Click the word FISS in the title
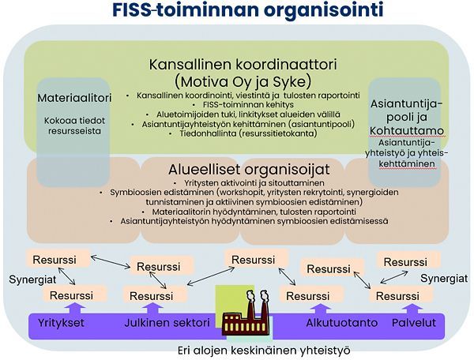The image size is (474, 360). [131, 10]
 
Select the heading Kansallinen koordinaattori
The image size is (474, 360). [243, 64]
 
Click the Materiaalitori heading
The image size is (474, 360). [74, 98]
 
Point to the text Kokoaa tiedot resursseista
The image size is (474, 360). [74, 126]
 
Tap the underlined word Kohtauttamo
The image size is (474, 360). [407, 131]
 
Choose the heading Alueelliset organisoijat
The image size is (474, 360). [249, 170]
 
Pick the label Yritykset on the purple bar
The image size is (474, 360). [61, 323]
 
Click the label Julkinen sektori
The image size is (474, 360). [167, 323]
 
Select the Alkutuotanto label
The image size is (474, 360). [342, 323]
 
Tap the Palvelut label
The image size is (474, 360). [414, 323]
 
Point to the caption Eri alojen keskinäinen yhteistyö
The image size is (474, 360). [264, 351]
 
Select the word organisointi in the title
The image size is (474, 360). [324, 10]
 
